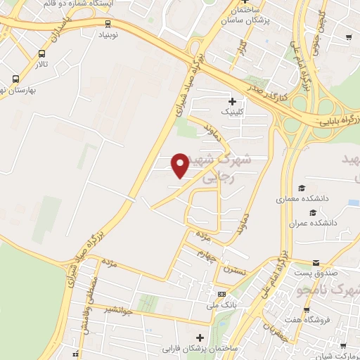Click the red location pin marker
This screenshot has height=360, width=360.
click(x=181, y=165)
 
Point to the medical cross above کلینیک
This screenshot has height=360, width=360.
click(x=231, y=101)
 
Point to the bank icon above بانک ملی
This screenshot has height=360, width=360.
click(x=221, y=294)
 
